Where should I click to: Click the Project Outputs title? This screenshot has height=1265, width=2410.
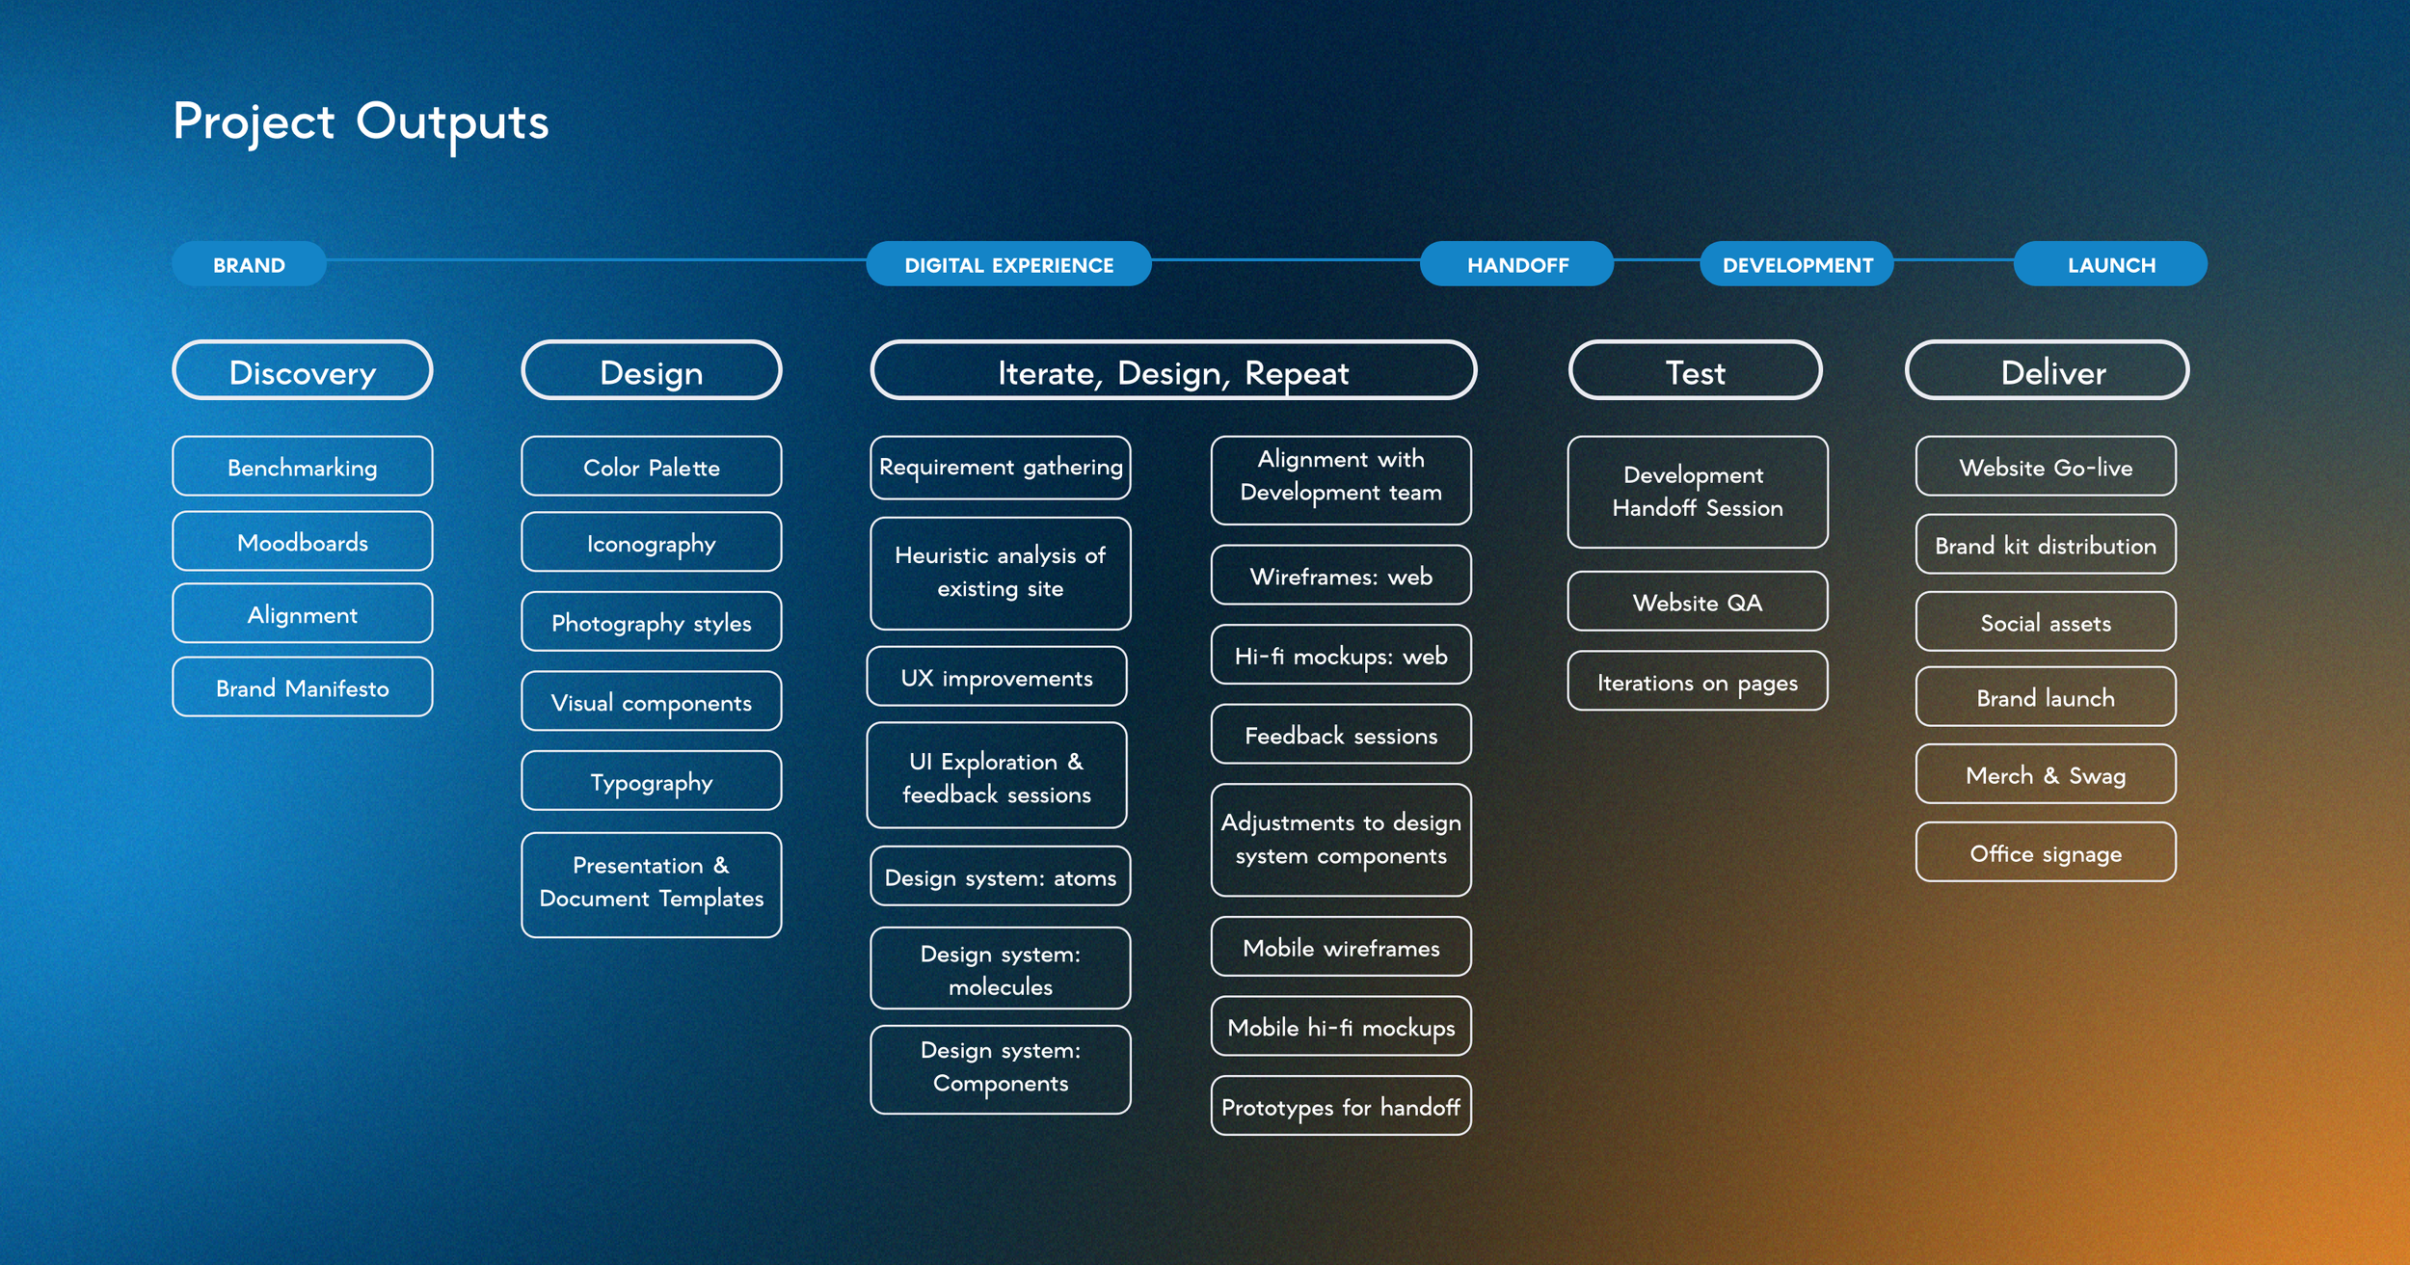click(361, 123)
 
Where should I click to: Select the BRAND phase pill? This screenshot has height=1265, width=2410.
click(249, 264)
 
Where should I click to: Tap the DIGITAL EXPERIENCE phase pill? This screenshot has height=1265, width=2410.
click(1008, 264)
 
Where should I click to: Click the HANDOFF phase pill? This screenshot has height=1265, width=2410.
click(1516, 264)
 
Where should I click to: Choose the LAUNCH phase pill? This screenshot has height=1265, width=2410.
click(2110, 264)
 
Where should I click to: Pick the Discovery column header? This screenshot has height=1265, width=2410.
click(303, 371)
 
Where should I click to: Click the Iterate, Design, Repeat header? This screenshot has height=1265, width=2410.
click(1172, 371)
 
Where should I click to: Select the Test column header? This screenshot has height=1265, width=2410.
click(1695, 371)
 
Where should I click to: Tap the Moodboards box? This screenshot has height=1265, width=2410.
click(303, 542)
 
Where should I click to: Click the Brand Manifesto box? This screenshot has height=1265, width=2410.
click(303, 687)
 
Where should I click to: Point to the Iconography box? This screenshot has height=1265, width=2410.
click(651, 543)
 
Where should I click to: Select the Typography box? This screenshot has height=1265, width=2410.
click(651, 781)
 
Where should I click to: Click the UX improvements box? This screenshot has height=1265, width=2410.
click(997, 677)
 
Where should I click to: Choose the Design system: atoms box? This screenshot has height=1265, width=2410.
click(1000, 876)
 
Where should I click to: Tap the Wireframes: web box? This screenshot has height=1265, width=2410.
click(1340, 576)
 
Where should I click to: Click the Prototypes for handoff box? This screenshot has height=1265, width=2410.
click(1340, 1106)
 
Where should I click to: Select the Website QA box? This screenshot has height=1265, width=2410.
click(1697, 602)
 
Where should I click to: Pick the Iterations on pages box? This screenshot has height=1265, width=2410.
click(1697, 682)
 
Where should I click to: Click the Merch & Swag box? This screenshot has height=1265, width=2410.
click(2045, 774)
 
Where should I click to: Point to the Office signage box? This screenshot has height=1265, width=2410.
click(2045, 852)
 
